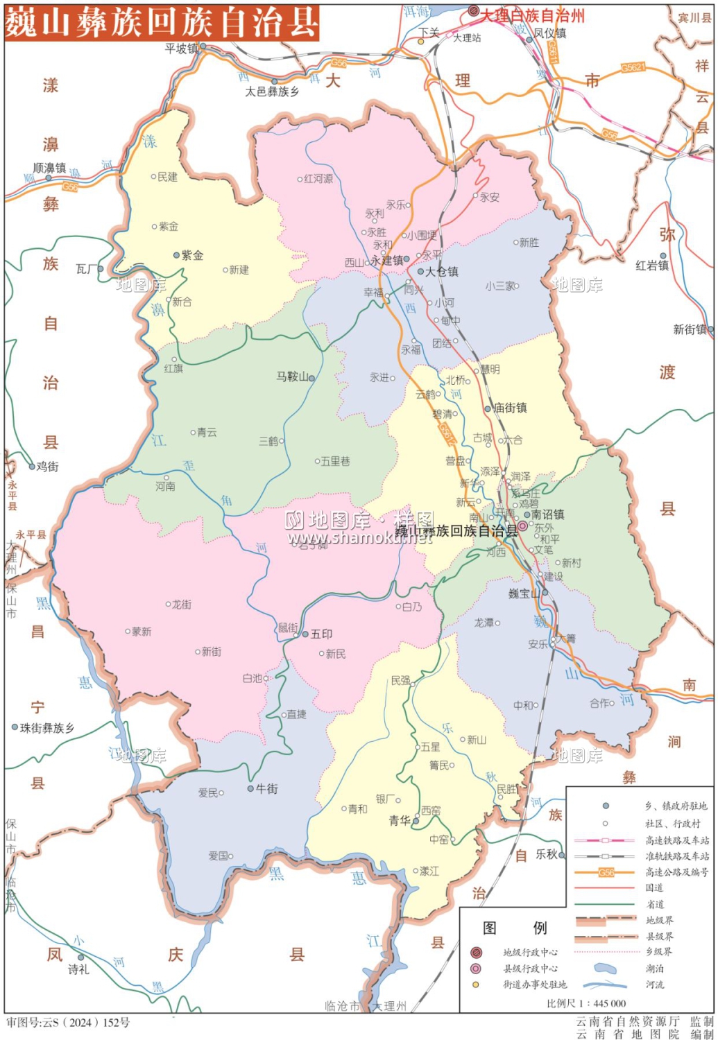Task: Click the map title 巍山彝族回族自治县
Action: tap(162, 22)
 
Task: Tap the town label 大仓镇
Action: tap(441, 272)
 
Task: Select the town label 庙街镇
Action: tap(510, 408)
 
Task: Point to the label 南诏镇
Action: tap(547, 514)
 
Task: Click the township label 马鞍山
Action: tap(292, 376)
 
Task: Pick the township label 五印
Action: tap(321, 634)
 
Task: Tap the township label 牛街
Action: tap(267, 788)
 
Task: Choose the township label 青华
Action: tap(400, 820)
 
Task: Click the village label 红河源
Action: tap(318, 179)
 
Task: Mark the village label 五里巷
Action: tap(335, 461)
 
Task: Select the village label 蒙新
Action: tap(142, 632)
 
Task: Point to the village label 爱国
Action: tap(219, 856)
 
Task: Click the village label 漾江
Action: tap(429, 871)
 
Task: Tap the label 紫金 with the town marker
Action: tap(192, 255)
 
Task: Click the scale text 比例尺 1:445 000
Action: tap(586, 1003)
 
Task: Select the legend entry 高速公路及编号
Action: tap(676, 872)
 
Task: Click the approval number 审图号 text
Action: tap(68, 1023)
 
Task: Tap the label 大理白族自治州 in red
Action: tap(533, 15)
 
